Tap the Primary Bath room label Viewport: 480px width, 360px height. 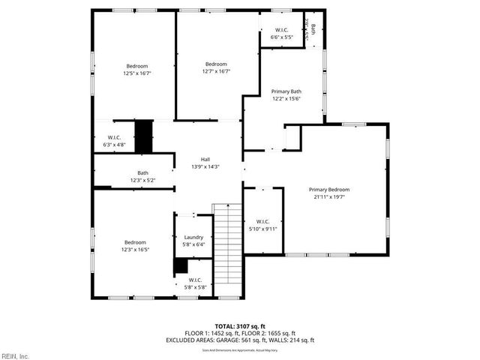286,91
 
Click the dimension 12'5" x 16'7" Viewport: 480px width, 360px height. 137,73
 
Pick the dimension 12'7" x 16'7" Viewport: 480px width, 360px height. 216,72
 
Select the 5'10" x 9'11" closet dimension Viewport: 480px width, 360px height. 263,229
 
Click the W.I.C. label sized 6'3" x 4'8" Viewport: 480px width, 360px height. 115,137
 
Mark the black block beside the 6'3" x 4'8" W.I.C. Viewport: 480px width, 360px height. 142,136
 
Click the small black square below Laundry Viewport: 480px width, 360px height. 180,265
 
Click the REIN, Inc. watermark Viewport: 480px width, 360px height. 15,355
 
